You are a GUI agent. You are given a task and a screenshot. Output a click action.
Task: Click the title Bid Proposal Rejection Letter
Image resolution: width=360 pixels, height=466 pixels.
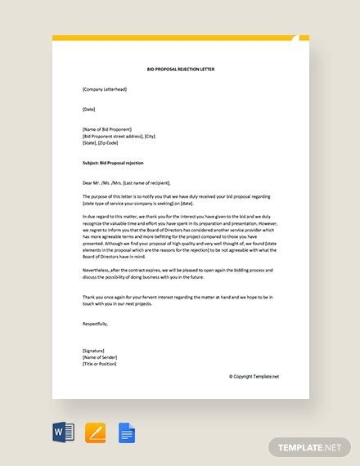tap(180, 71)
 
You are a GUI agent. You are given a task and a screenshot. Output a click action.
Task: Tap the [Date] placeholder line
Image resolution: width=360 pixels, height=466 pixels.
tap(89, 108)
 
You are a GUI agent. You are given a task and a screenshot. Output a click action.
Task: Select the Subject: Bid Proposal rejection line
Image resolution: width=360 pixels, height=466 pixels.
tap(112, 163)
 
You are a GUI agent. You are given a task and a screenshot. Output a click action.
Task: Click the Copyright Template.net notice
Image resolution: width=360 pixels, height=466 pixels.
tap(254, 376)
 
